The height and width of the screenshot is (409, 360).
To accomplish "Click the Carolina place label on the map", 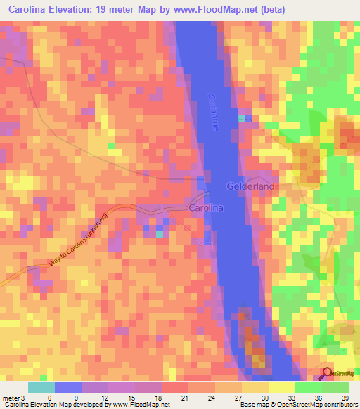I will point(205,208).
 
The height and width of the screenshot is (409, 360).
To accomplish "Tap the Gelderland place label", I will point(250,186).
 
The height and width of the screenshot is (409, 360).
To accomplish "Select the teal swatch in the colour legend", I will point(41,387).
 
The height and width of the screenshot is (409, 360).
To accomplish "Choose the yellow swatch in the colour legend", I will point(282,387).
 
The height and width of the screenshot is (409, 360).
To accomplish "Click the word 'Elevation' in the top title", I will point(77,9).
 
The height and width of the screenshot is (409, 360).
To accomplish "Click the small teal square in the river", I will point(243,118).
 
